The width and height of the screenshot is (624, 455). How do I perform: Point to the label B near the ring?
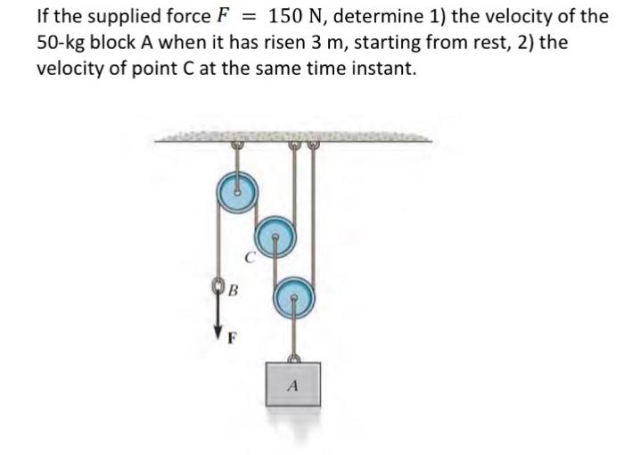pyautogui.click(x=233, y=291)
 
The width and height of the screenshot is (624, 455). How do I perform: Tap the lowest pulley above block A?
pyautogui.click(x=293, y=295)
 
